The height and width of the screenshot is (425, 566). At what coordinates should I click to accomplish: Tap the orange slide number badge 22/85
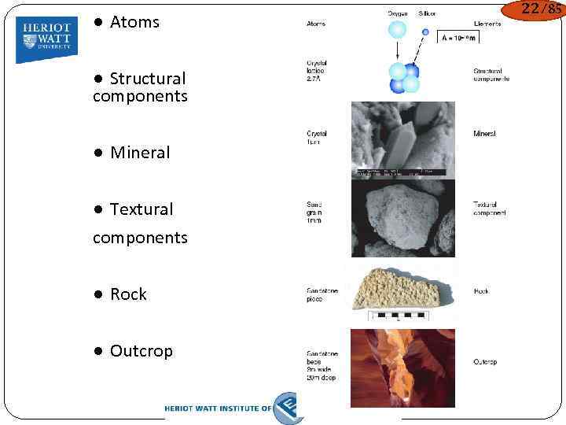(x=533, y=10)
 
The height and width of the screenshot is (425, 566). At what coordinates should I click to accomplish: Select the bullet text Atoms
(x=134, y=22)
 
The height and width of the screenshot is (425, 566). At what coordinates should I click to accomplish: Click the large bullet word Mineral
(x=140, y=153)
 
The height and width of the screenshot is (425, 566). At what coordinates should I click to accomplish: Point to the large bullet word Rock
(x=128, y=294)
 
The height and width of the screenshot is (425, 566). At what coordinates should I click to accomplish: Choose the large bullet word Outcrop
(x=141, y=351)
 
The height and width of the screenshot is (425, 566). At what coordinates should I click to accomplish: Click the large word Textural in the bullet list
(x=141, y=209)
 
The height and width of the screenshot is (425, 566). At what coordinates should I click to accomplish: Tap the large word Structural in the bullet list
(x=148, y=79)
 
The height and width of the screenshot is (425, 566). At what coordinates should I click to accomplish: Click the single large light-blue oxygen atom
(x=398, y=30)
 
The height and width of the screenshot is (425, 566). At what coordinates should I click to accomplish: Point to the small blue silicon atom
(x=426, y=33)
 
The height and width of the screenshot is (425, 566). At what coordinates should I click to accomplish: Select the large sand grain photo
(x=402, y=218)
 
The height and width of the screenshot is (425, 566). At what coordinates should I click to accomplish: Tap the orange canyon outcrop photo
(x=402, y=368)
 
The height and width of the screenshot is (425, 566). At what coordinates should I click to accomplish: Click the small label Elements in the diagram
(x=490, y=24)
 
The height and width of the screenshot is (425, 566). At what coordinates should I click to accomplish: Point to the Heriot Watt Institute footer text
(x=218, y=408)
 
